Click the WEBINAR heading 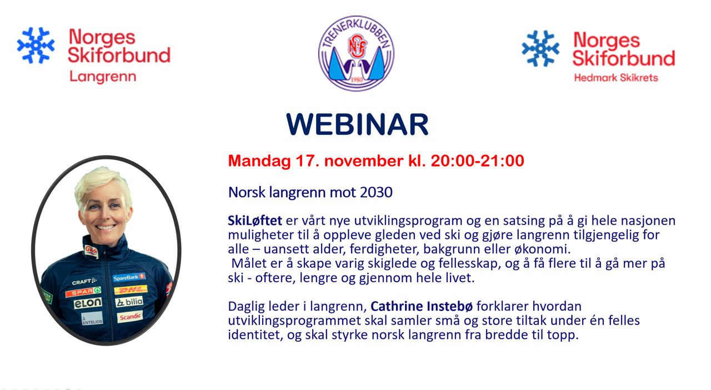pyautogui.click(x=357, y=124)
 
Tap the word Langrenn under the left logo pyautogui.click(x=103, y=77)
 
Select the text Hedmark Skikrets pyautogui.click(x=616, y=78)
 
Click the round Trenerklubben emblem pyautogui.click(x=356, y=53)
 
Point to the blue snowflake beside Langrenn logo pyautogui.click(x=36, y=46)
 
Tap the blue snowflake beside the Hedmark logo pyautogui.click(x=540, y=48)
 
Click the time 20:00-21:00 pyautogui.click(x=477, y=161)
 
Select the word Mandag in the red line pyautogui.click(x=259, y=161)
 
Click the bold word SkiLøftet pyautogui.click(x=255, y=221)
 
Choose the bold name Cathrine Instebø pyautogui.click(x=422, y=306)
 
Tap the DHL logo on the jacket pyautogui.click(x=131, y=289)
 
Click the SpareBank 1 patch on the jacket pyautogui.click(x=129, y=278)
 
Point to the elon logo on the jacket pyautogui.click(x=88, y=303)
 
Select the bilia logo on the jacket pyautogui.click(x=129, y=302)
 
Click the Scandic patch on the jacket pyautogui.click(x=130, y=317)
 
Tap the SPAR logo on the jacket pyautogui.click(x=83, y=292)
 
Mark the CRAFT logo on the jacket pyautogui.click(x=84, y=281)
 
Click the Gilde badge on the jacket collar pyautogui.click(x=91, y=251)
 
